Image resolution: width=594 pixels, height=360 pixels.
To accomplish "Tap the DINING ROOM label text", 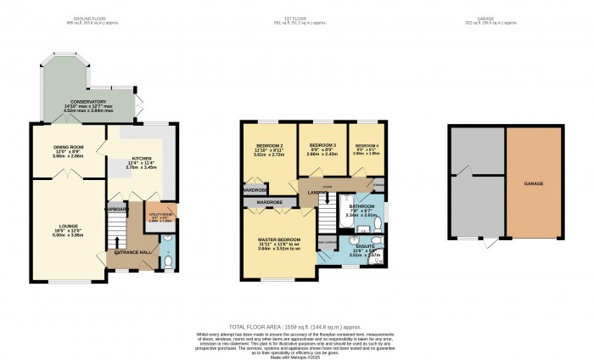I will point(67,149).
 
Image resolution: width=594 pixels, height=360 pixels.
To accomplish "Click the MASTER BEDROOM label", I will point(279,240).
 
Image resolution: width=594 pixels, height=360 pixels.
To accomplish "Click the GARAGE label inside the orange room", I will point(533,183).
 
